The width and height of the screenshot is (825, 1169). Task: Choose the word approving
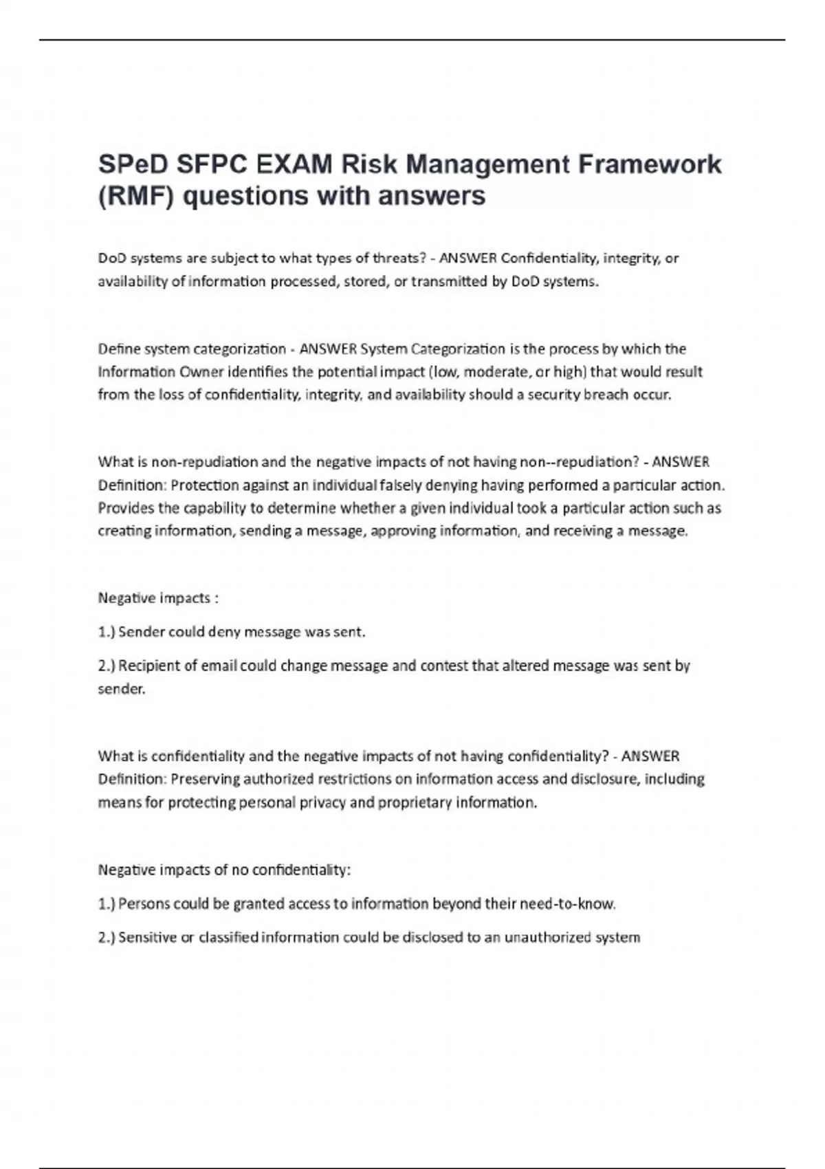tap(403, 531)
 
